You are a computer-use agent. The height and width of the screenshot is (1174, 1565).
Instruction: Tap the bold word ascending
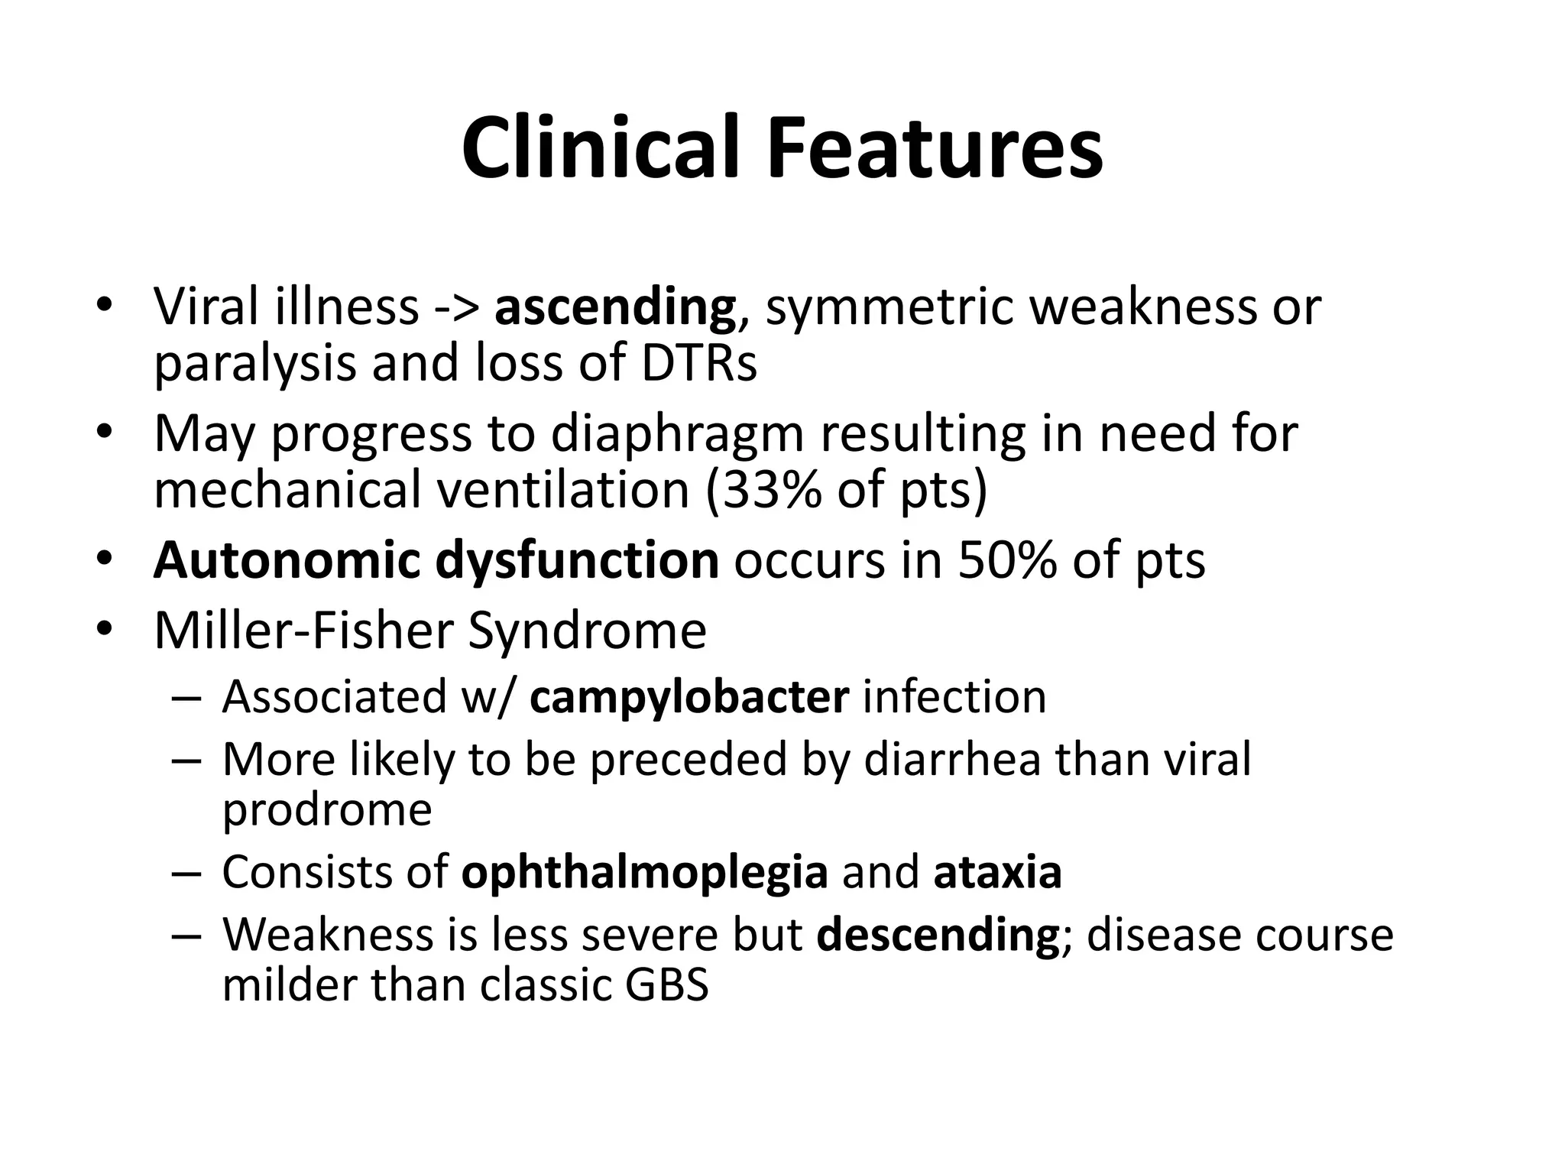(615, 307)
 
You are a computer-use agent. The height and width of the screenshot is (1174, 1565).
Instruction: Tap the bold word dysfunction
(577, 560)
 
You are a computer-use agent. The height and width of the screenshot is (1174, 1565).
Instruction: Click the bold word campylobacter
(689, 697)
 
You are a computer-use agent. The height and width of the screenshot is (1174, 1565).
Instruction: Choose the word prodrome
(327, 809)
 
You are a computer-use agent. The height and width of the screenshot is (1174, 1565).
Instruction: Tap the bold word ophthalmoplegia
(644, 872)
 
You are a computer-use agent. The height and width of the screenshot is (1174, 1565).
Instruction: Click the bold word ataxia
(997, 872)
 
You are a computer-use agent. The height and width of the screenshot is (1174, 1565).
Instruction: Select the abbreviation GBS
(666, 985)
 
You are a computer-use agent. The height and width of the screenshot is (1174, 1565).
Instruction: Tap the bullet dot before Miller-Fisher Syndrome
(105, 631)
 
